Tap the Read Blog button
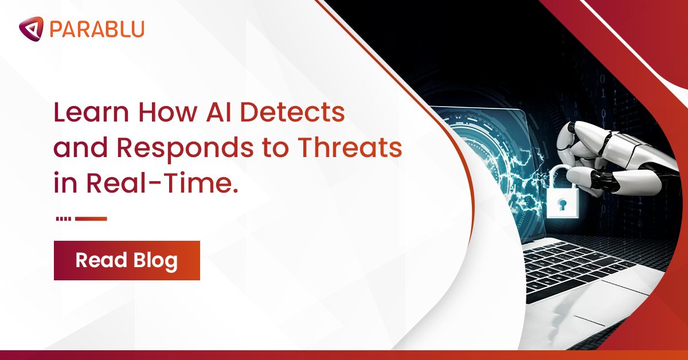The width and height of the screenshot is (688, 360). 127,260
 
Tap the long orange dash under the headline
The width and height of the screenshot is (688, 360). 91,218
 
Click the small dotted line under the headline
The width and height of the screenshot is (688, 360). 64,218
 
